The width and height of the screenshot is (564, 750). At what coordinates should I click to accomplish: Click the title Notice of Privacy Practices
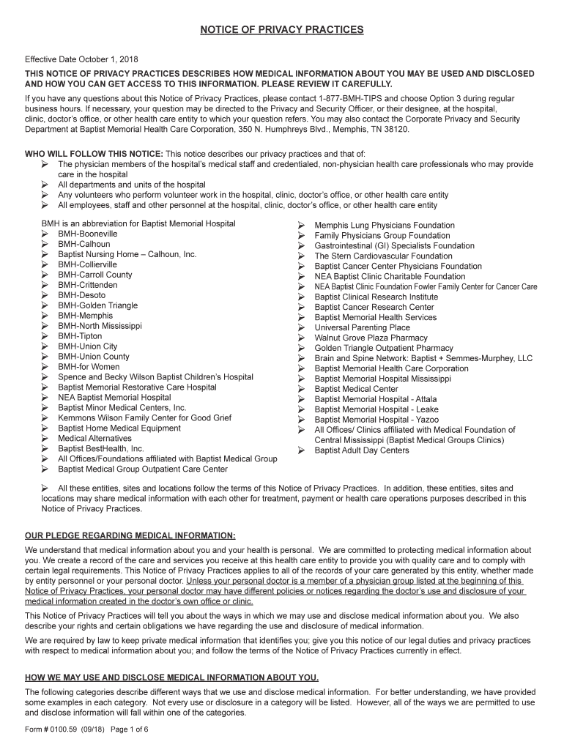click(282, 29)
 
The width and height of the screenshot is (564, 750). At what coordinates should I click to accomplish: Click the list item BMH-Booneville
click(88, 234)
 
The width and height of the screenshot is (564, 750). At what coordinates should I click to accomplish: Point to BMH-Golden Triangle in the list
click(97, 305)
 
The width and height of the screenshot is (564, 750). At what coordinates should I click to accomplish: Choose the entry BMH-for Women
click(89, 367)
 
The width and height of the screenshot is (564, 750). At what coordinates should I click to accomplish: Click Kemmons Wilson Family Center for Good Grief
click(145, 418)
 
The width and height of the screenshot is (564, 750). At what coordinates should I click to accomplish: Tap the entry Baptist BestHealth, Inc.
click(101, 449)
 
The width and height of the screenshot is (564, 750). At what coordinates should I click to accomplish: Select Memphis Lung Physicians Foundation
click(385, 226)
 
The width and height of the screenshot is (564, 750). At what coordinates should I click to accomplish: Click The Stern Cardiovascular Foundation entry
click(383, 256)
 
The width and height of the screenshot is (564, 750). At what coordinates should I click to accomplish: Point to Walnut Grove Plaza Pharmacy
click(371, 338)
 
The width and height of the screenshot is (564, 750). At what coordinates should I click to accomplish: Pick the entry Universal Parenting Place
click(362, 328)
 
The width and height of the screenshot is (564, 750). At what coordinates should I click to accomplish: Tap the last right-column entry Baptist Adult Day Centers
click(362, 451)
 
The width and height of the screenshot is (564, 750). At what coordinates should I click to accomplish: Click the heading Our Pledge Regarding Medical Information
click(130, 535)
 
